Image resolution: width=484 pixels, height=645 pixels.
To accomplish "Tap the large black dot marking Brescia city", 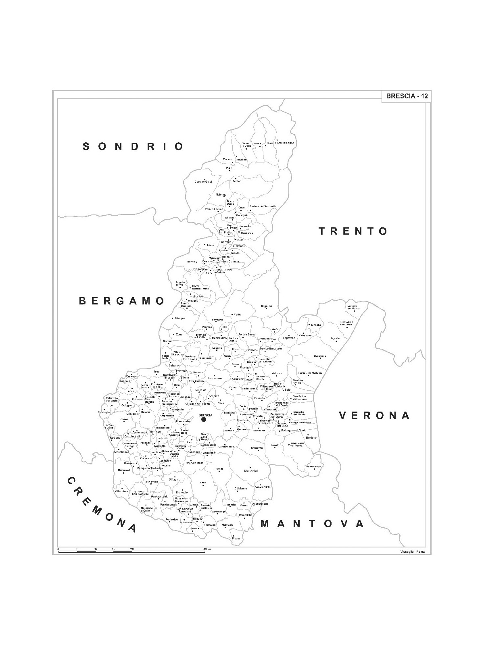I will click(x=204, y=419).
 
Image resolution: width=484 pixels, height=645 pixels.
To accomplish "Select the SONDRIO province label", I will click(x=133, y=146).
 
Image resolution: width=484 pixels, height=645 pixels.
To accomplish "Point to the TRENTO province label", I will click(x=353, y=231).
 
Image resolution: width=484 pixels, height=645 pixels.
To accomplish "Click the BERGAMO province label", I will click(x=122, y=301).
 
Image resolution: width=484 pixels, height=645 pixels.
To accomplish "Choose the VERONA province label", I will click(x=374, y=415).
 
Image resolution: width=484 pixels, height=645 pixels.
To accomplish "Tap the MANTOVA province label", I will click(x=312, y=524).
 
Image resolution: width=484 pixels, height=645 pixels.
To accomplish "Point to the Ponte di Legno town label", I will click(x=285, y=143).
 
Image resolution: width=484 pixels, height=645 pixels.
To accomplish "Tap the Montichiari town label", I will click(x=251, y=471).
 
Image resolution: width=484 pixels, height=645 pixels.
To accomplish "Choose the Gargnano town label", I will click(x=320, y=356).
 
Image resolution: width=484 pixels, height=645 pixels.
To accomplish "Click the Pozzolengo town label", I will click(x=313, y=466).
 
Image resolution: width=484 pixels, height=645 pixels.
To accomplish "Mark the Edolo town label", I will click(x=229, y=169).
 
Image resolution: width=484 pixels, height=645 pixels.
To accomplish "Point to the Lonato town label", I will click(x=275, y=445).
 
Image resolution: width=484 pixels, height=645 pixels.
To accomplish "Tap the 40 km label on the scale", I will click(x=207, y=549).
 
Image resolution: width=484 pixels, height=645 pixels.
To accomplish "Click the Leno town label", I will click(x=203, y=483).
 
